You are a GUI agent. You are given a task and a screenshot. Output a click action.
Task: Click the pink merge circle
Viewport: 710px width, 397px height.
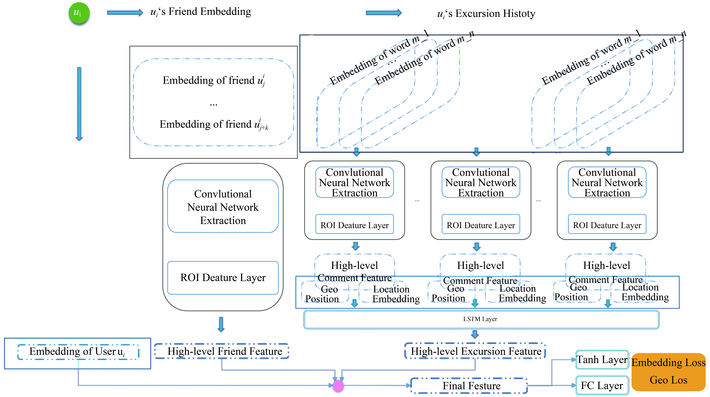(x=338, y=385)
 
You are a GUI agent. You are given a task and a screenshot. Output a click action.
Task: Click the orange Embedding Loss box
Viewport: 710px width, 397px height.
(x=668, y=372)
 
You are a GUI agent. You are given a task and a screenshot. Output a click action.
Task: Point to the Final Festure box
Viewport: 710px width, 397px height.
(x=469, y=385)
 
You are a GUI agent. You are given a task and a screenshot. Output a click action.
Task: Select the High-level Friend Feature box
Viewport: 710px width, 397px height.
(x=222, y=351)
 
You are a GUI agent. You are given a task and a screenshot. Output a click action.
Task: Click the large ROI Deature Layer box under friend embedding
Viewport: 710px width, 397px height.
(x=223, y=278)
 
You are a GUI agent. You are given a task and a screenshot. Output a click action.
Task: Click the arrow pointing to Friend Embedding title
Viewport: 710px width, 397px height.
(x=125, y=12)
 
